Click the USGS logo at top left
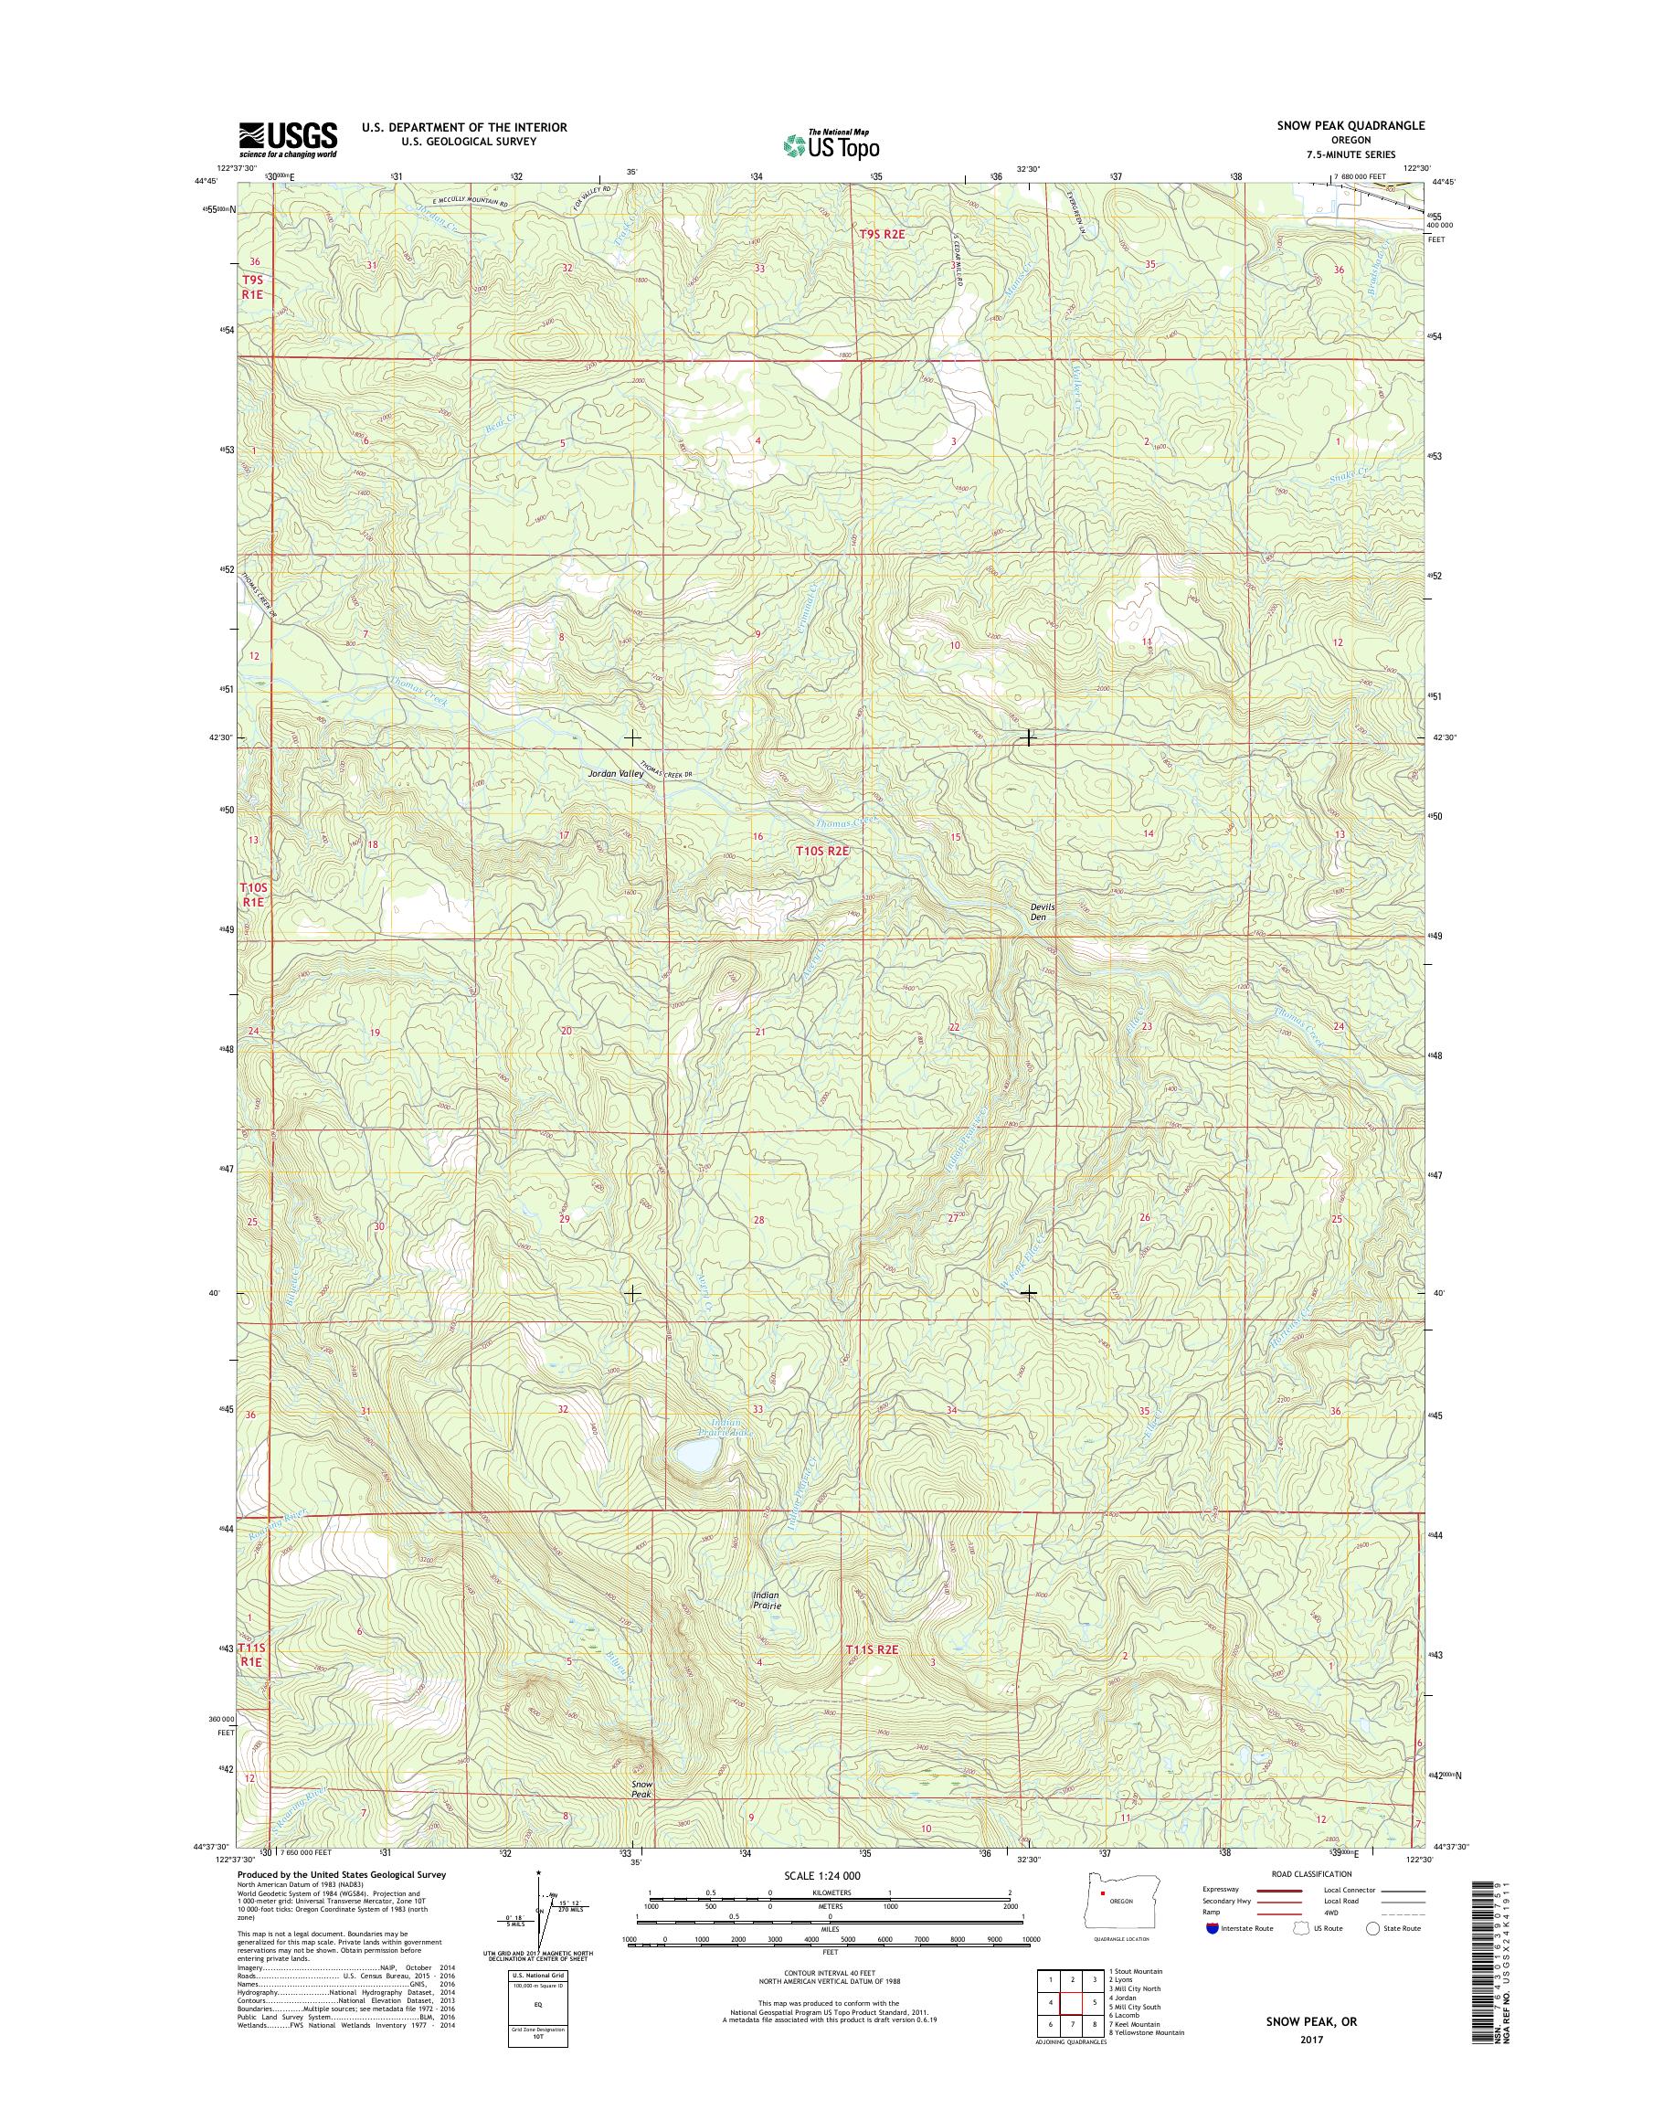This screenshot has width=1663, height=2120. [288, 139]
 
